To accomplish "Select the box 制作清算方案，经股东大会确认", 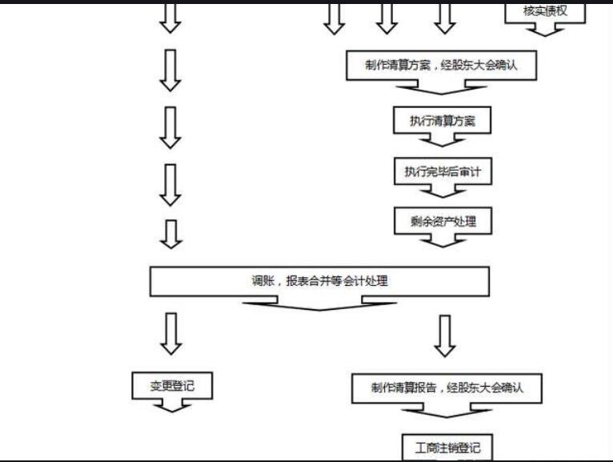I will pos(441,66).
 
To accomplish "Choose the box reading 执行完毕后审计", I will pos(442,171).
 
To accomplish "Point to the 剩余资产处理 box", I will pos(443,221).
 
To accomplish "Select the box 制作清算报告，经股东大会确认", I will pos(447,388).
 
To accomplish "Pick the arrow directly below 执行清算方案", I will pos(443,139).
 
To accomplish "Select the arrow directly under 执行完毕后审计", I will pos(443,191).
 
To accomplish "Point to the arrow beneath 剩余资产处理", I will pos(443,239).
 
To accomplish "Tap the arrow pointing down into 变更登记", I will pos(170,333).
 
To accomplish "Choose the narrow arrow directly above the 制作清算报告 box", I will pos(445,335).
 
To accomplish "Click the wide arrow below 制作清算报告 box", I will pos(447,411).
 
